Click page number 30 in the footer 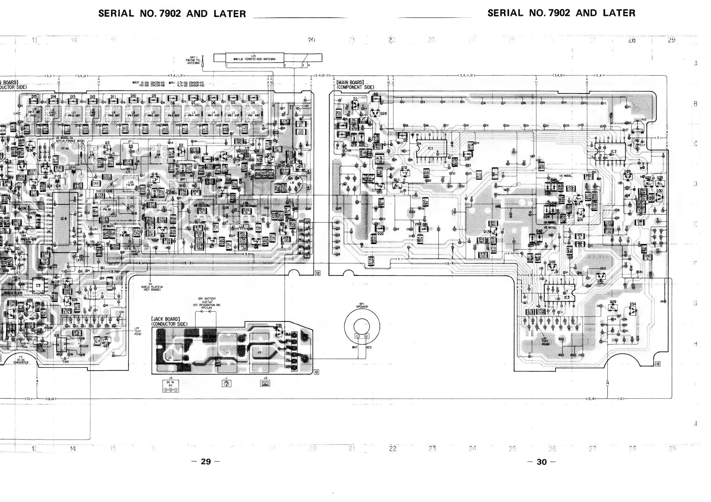541,462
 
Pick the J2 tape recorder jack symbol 265,384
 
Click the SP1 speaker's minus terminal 358,336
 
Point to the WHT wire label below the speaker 355,347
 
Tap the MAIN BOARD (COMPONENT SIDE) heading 355,85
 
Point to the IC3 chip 559,293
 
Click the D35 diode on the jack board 279,331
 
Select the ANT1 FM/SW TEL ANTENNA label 193,60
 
